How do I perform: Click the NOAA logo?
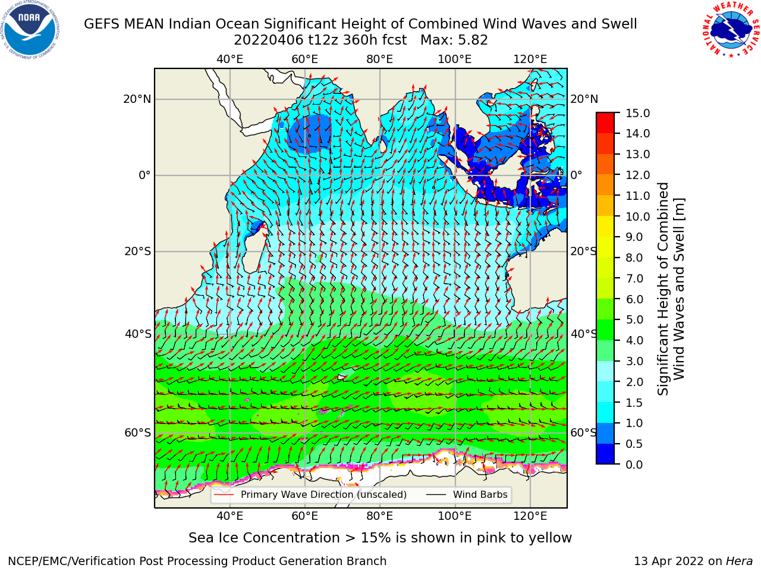[30, 30]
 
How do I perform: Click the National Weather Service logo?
[730, 30]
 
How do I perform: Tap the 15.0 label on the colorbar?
[637, 114]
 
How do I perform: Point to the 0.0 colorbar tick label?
[634, 465]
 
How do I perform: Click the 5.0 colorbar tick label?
[634, 319]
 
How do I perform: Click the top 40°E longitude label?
[229, 59]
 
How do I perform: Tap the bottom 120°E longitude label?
[530, 516]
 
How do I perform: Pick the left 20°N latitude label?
[137, 99]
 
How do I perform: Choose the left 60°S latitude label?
[138, 433]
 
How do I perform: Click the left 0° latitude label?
[144, 175]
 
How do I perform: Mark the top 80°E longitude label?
[380, 59]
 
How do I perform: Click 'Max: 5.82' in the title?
[454, 40]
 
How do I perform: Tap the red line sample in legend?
[224, 495]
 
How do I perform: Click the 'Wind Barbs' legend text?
[480, 495]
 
